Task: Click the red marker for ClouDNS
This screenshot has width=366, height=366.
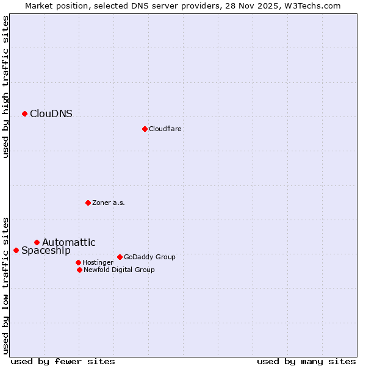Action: click(24, 113)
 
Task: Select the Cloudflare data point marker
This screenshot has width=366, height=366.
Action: click(145, 129)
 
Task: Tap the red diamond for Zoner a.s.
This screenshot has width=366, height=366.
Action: click(88, 203)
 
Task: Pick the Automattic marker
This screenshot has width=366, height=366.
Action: click(37, 242)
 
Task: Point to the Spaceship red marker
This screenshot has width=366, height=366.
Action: click(16, 250)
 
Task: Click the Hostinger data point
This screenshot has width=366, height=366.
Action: click(78, 262)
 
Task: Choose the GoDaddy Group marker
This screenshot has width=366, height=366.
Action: click(120, 257)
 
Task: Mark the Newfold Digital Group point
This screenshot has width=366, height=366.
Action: click(79, 270)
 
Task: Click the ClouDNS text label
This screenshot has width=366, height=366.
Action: click(51, 113)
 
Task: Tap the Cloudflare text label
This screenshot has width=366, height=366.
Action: click(165, 129)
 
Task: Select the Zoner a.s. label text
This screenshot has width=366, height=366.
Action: click(109, 203)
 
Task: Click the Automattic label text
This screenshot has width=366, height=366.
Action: click(69, 242)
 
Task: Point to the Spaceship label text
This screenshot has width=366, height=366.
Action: click(46, 250)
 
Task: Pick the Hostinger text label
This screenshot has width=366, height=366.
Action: click(98, 262)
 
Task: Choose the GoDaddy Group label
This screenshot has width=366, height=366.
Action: click(149, 257)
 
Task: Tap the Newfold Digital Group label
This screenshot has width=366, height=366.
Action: click(119, 270)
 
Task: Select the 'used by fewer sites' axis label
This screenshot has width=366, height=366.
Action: click(63, 361)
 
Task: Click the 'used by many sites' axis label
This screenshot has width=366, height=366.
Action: click(306, 361)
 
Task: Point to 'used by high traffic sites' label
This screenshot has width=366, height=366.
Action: click(6, 87)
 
